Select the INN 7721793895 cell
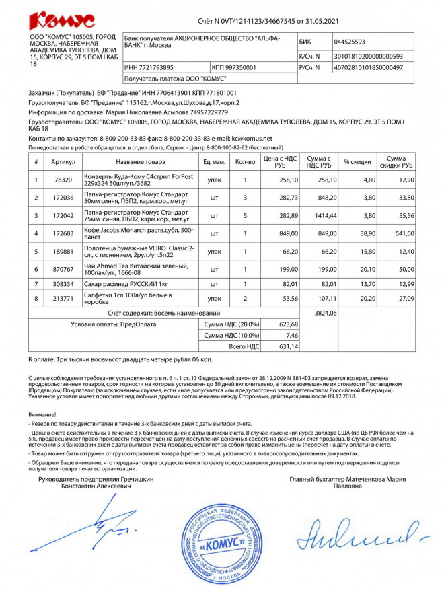[149, 67]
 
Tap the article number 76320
[63, 180]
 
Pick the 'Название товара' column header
[140, 162]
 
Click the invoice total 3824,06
[326, 313]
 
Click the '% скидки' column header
[357, 162]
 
